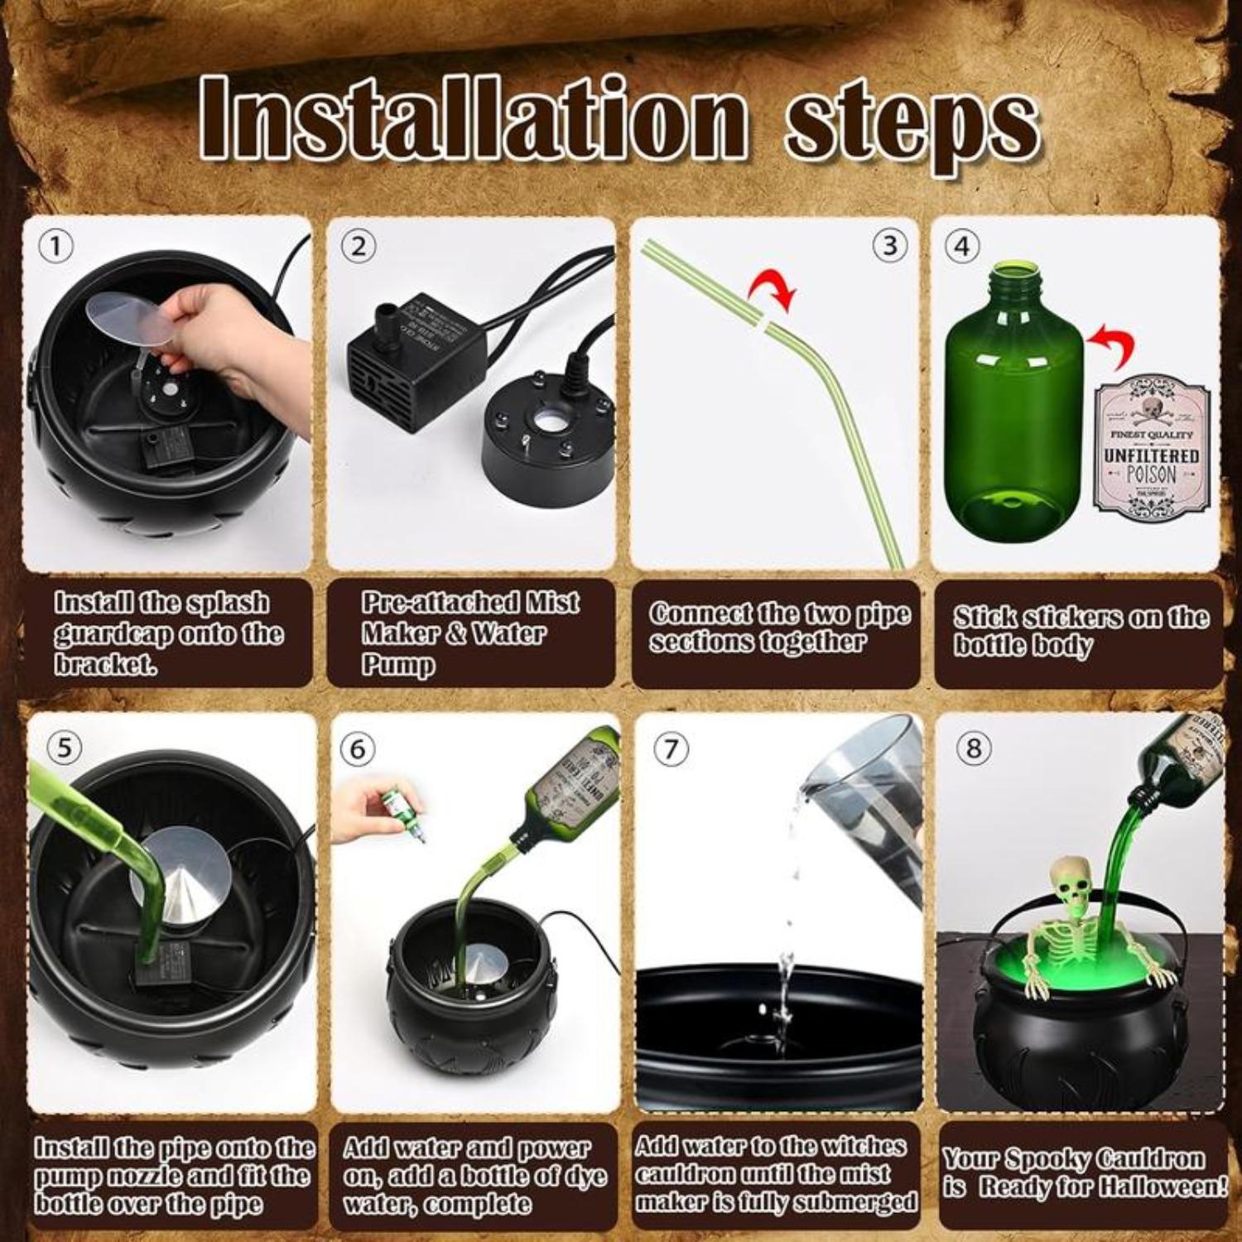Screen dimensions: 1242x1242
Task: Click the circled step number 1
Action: click(x=56, y=246)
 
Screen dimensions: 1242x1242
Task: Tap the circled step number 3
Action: click(x=889, y=246)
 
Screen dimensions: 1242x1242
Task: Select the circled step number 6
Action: click(x=358, y=749)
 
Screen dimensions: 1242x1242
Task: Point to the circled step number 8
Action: click(x=974, y=749)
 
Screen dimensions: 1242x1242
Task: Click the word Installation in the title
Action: click(x=472, y=118)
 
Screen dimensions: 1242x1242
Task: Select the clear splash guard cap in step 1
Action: click(x=130, y=318)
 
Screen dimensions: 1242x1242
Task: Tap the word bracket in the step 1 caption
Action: click(x=105, y=665)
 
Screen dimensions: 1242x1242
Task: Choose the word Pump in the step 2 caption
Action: click(x=397, y=665)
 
